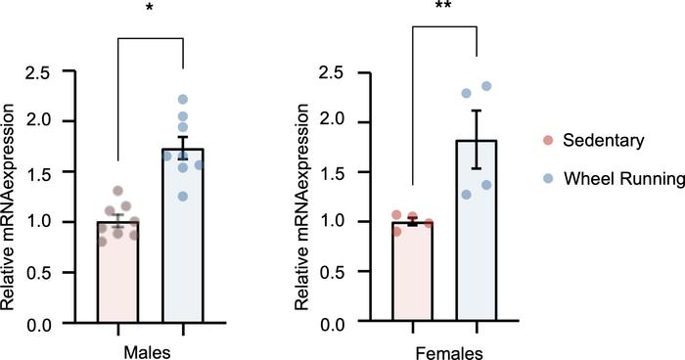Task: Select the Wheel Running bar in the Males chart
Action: tap(182, 245)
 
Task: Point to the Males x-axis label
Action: tap(150, 347)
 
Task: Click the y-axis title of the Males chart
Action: tap(12, 196)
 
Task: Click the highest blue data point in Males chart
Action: tap(183, 99)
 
